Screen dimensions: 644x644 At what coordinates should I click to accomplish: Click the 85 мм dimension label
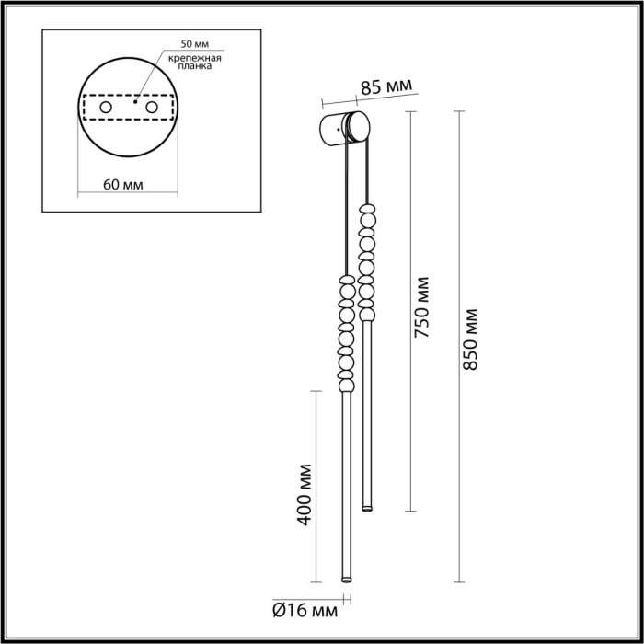(x=385, y=88)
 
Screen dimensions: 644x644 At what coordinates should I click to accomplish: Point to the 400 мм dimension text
(x=307, y=496)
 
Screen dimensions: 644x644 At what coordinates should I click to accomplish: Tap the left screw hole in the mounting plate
(x=105, y=109)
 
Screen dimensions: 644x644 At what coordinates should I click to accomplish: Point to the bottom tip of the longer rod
(x=346, y=581)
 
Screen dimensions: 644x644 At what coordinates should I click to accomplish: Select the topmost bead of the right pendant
(x=368, y=210)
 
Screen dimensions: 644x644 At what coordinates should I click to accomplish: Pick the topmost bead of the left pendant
(x=347, y=280)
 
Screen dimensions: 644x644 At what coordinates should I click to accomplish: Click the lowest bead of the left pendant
(x=346, y=384)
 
